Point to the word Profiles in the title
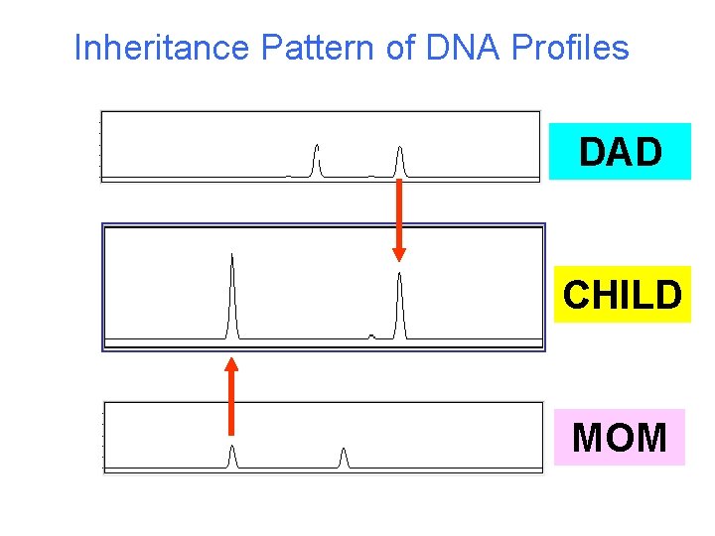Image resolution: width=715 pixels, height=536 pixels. coord(569,48)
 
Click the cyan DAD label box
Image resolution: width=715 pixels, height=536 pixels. coord(620,151)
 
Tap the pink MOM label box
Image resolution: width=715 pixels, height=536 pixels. coord(620,437)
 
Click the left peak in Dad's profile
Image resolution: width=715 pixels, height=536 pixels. coord(317,160)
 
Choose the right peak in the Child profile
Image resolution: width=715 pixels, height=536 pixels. coord(399,304)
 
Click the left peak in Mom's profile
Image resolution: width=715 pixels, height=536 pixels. coord(232,457)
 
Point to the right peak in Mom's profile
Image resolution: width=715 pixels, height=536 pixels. coord(344,458)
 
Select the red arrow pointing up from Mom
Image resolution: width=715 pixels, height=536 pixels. coord(231,396)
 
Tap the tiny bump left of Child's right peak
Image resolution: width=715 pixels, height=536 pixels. coord(371,335)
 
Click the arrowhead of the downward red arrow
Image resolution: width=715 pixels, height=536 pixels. coord(398,252)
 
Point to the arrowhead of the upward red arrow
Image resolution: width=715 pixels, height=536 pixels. coord(231,365)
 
